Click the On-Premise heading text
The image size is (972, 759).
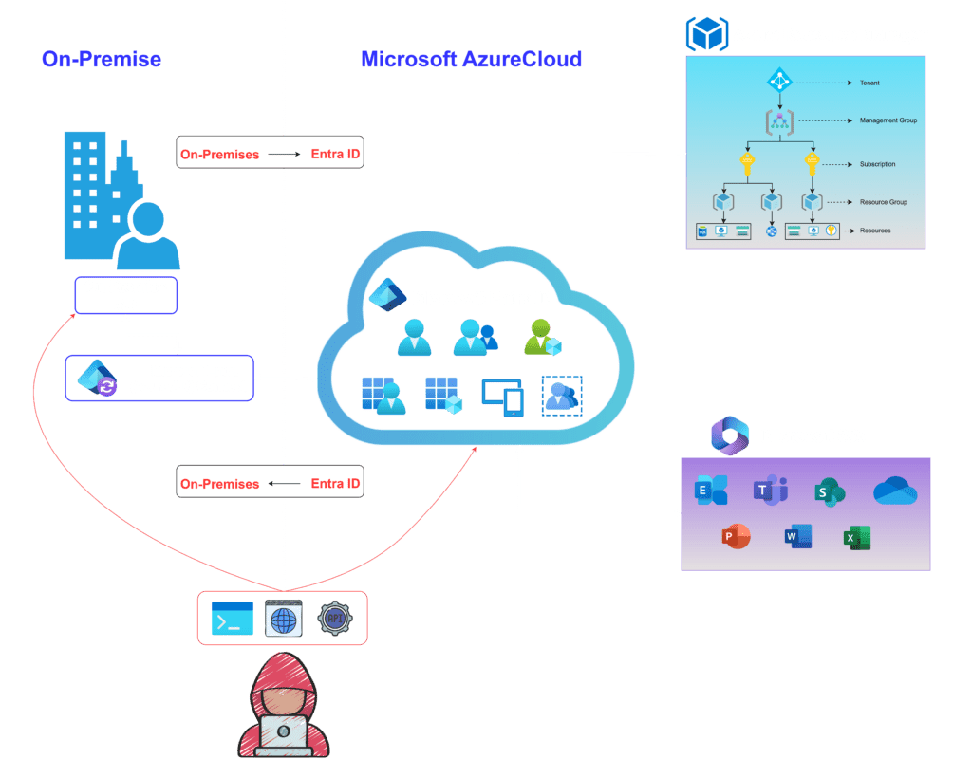click(x=102, y=60)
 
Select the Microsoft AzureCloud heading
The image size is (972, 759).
click(x=471, y=60)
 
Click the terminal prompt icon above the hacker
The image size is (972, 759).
click(x=233, y=618)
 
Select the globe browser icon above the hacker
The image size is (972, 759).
click(x=283, y=619)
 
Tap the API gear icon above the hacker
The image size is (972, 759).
click(x=334, y=618)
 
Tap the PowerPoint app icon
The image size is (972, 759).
click(x=736, y=537)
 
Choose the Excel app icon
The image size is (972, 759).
click(x=857, y=538)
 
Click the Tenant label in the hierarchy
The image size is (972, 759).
click(x=869, y=83)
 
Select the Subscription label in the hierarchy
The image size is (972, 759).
click(x=877, y=164)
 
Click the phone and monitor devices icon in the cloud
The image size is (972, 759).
click(x=503, y=398)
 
